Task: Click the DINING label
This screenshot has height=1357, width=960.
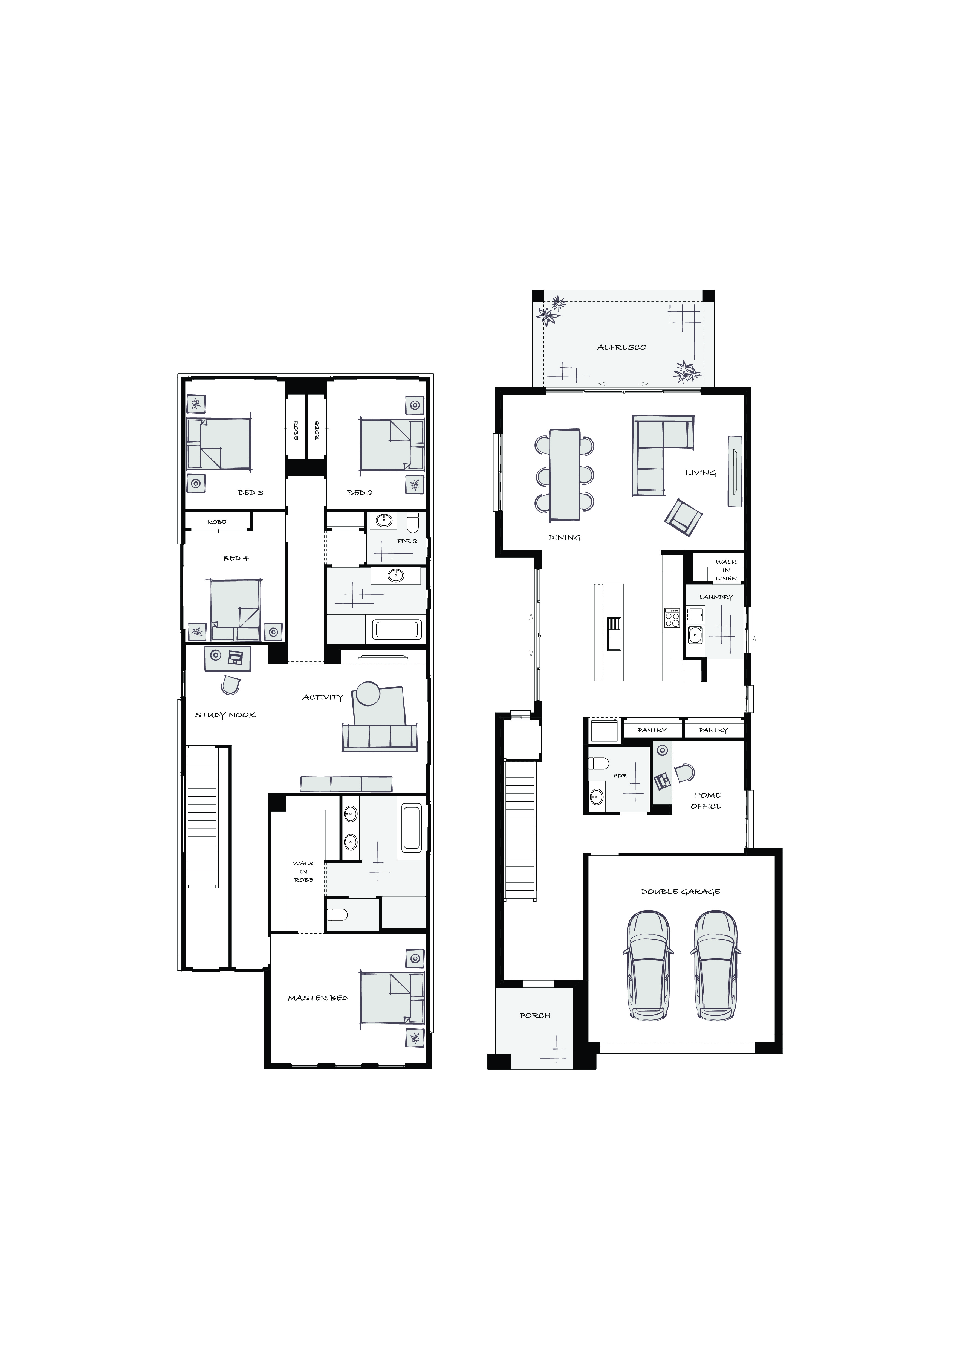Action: coord(565,538)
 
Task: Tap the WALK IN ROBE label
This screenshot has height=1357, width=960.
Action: coord(303,872)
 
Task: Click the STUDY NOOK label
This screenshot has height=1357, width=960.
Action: coord(225,715)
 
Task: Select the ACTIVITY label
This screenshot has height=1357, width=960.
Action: coord(323,698)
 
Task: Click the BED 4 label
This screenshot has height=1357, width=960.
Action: coord(235,558)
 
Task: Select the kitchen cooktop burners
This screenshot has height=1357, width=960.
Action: coord(673,618)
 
